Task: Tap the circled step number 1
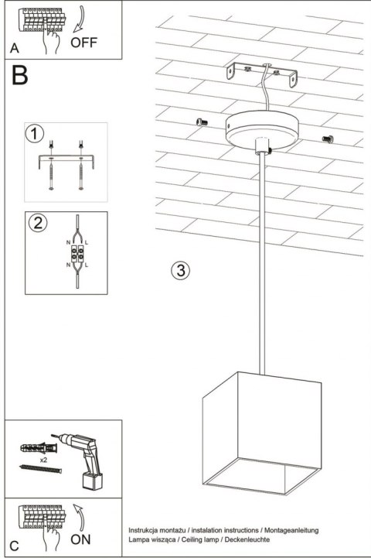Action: [34, 134]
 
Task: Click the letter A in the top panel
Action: [15, 48]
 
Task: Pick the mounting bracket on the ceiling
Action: [262, 74]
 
